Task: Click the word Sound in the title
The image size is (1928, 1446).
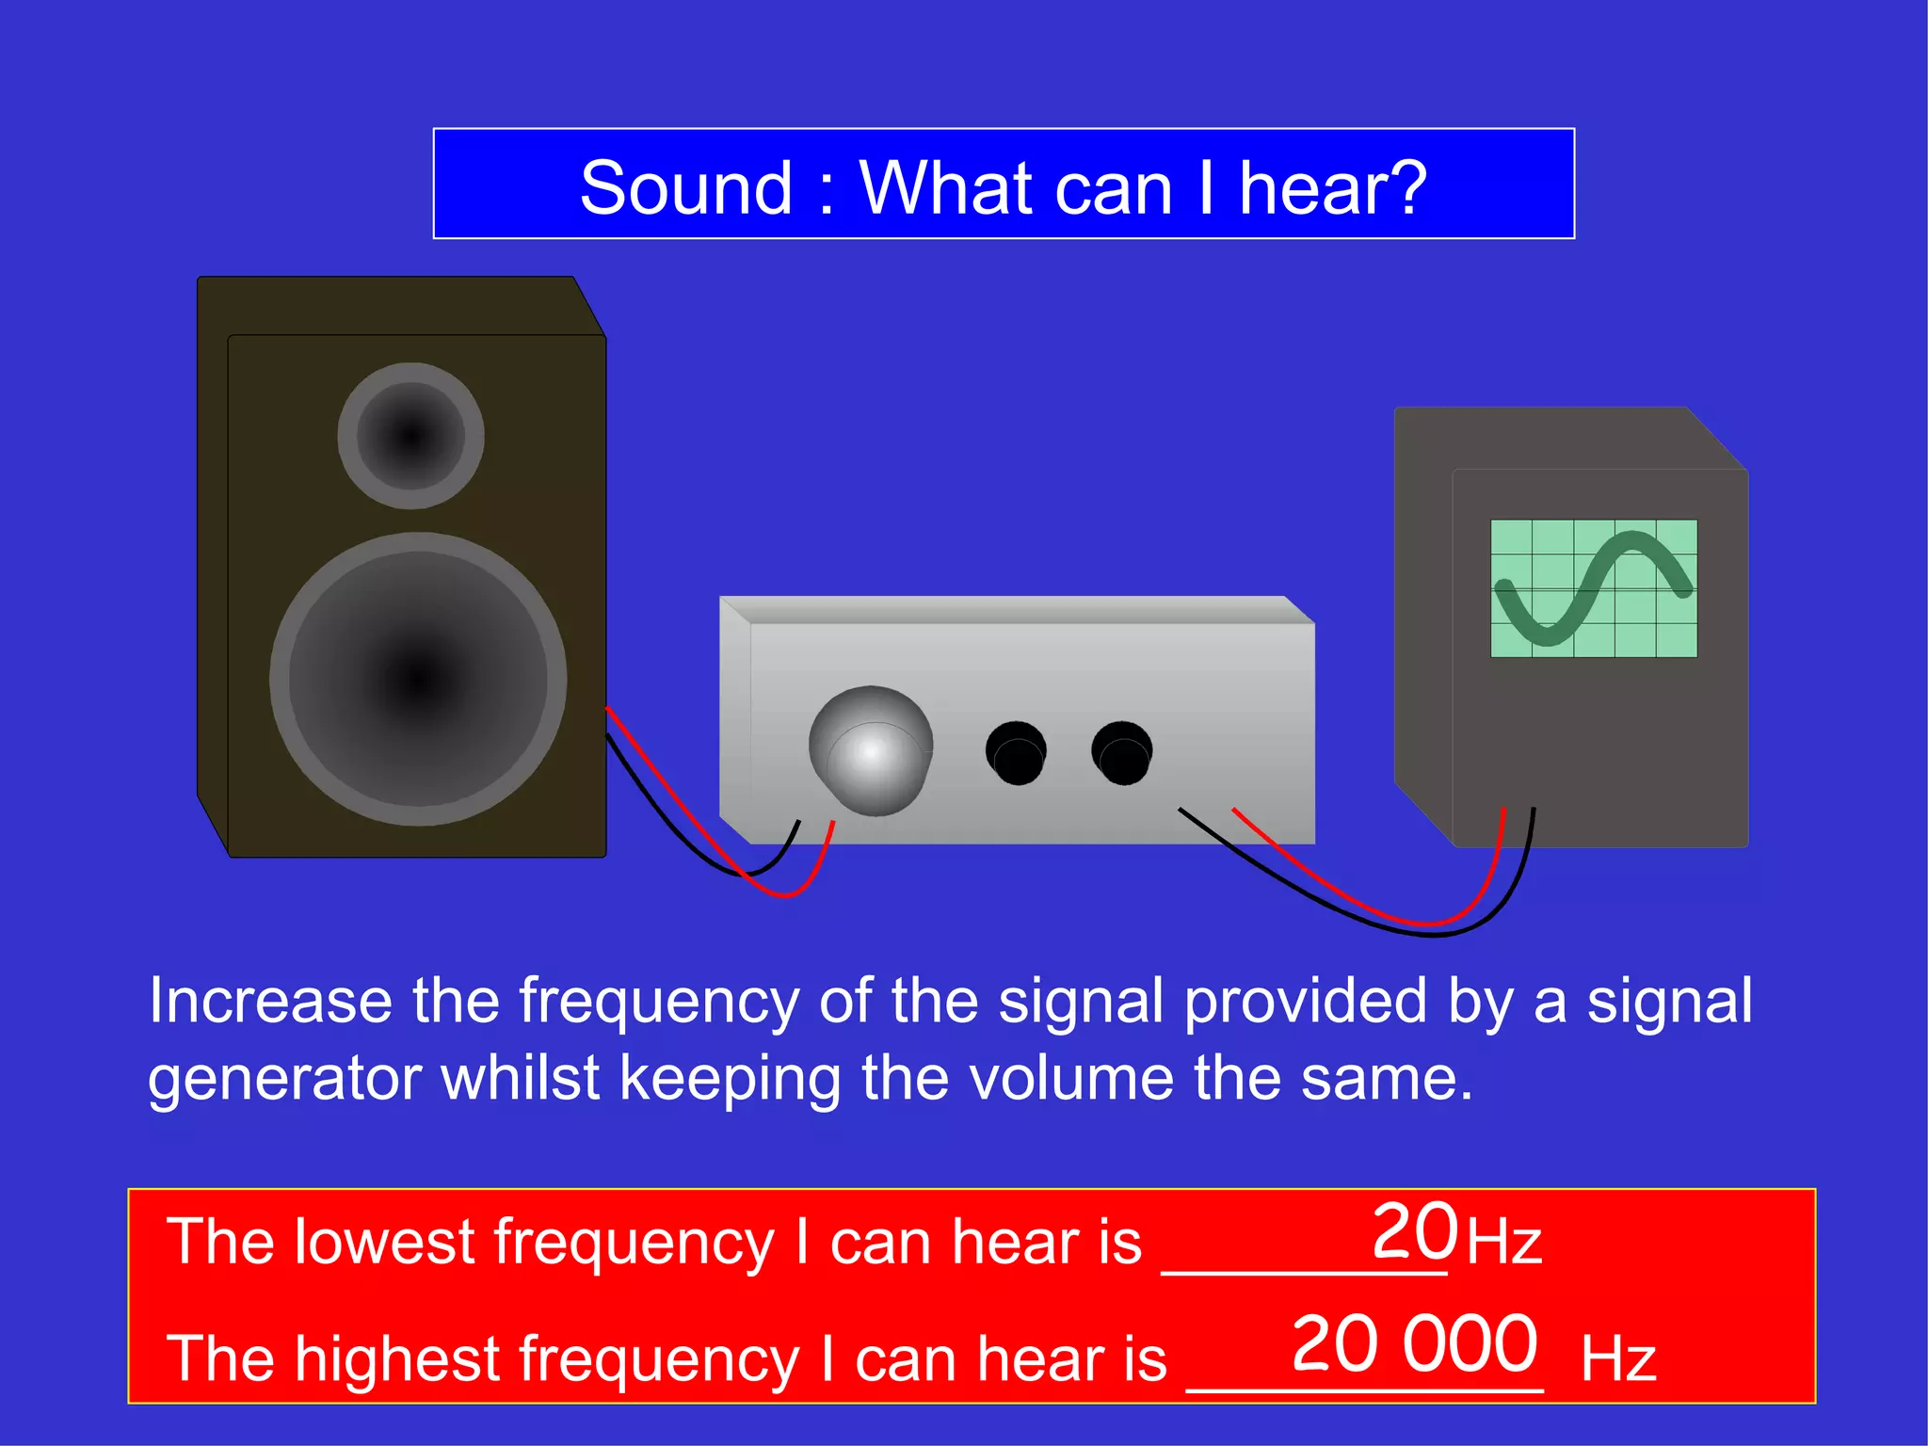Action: (685, 188)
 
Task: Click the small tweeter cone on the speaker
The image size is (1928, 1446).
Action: (410, 436)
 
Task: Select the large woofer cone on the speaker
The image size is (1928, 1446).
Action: (418, 678)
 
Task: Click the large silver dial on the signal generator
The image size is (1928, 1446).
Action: (871, 751)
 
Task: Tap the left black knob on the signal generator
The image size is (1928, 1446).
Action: (1016, 752)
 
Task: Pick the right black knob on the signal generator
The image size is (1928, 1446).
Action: (1121, 752)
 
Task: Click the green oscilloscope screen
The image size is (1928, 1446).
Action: (1593, 588)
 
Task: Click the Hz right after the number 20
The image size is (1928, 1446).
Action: (1503, 1242)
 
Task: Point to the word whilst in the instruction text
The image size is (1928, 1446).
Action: (520, 1078)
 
